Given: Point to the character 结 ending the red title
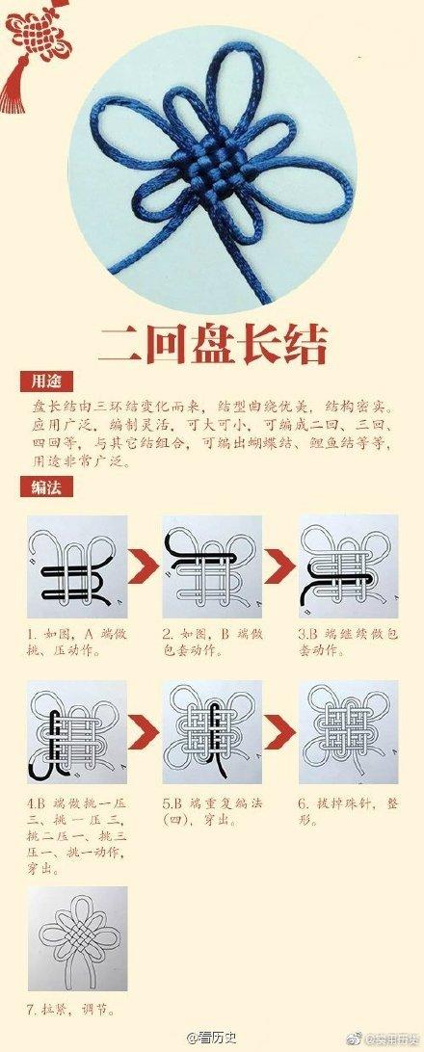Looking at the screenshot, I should click(x=299, y=345).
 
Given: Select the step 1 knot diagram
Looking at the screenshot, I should click(x=77, y=567).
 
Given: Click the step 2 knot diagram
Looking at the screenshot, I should click(x=212, y=567).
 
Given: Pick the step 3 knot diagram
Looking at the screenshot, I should click(x=348, y=567).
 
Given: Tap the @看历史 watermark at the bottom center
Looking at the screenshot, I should click(x=211, y=1038).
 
